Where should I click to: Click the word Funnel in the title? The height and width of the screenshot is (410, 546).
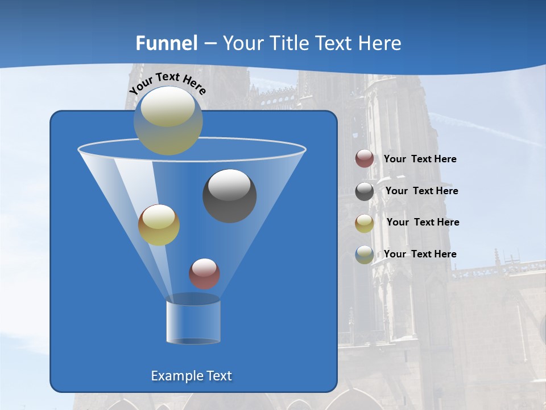(167, 43)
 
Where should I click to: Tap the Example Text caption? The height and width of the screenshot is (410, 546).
(192, 376)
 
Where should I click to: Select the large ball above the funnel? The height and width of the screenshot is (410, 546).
(168, 121)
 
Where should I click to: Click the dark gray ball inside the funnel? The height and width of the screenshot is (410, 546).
(230, 196)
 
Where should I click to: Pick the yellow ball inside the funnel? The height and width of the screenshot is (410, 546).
(159, 225)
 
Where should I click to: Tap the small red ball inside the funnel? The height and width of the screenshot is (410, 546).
(204, 273)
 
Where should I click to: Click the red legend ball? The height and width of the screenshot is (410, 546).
(365, 159)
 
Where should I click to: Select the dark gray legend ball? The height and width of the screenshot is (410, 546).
(365, 191)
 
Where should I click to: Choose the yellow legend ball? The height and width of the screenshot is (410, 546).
(365, 223)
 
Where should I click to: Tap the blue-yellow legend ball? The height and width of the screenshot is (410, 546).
(365, 255)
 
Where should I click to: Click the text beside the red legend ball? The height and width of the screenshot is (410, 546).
(420, 159)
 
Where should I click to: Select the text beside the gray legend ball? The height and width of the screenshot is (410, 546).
(421, 191)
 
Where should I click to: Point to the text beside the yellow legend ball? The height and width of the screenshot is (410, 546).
(423, 223)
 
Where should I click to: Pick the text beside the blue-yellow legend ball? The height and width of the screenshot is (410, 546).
(420, 254)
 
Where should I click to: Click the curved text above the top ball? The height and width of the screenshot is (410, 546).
(167, 82)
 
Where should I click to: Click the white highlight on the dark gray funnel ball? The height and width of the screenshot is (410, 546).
(229, 185)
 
